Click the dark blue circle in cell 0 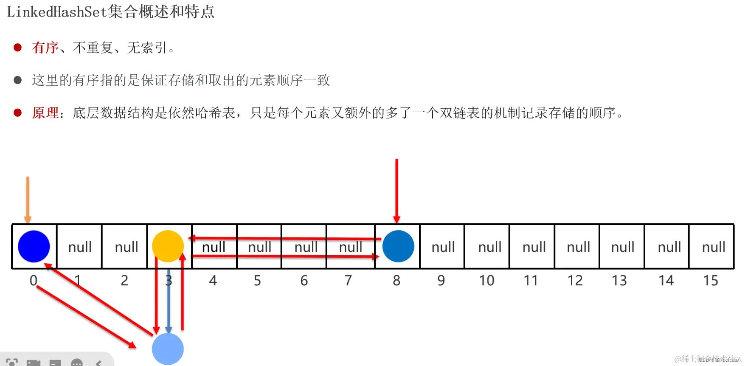[34, 246]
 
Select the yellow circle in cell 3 [168, 246]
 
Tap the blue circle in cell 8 [398, 246]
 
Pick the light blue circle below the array [168, 349]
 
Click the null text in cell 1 [80, 247]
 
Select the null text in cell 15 [714, 247]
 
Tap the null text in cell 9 [443, 247]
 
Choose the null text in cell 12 [578, 247]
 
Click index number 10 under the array [486, 280]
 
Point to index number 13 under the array [619, 280]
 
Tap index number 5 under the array [257, 280]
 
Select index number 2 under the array [124, 280]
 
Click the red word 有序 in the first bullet [45, 48]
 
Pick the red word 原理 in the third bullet [45, 113]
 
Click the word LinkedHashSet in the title [56, 11]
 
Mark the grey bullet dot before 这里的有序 [17, 80]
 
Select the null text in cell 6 [306, 247]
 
